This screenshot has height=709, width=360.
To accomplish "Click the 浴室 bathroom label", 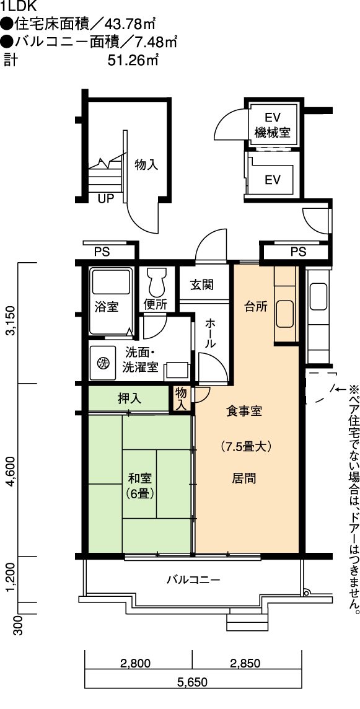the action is coord(107,307).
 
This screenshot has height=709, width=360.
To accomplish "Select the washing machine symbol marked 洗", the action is coord(103,362).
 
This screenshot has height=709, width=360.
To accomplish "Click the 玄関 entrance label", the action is coord(202,285).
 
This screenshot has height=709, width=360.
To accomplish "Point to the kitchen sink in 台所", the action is coord(286,314).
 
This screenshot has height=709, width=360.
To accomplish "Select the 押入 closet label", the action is coord(130,399).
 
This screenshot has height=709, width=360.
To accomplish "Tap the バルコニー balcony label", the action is coord(193,579).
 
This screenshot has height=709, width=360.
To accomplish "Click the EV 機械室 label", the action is coord(272,125).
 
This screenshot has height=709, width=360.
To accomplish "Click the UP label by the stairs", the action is coord(107,198).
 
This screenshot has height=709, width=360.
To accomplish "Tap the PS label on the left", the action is coord(102,252).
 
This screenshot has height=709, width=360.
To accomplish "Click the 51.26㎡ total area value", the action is coord(133,60).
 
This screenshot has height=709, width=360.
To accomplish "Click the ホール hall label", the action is coord(210,333).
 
